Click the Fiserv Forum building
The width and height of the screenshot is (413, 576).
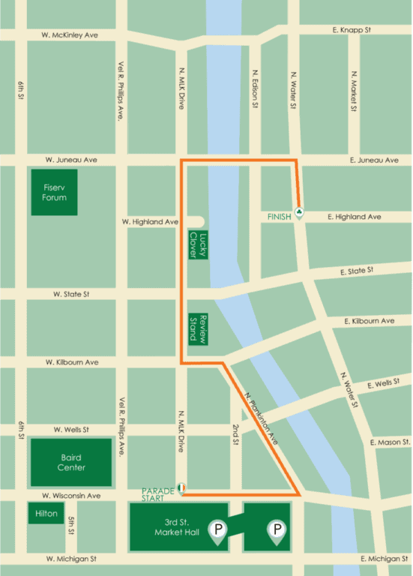[x=55, y=192]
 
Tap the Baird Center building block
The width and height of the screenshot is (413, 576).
[x=71, y=462]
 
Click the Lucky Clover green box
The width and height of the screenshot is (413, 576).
[x=198, y=244]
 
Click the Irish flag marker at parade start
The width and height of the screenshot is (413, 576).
[x=181, y=487]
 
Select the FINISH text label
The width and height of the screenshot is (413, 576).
[x=280, y=217]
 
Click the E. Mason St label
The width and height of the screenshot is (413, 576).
[x=388, y=442]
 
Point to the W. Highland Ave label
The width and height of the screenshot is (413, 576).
[x=150, y=222]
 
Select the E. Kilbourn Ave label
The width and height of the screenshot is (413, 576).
[x=369, y=321]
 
